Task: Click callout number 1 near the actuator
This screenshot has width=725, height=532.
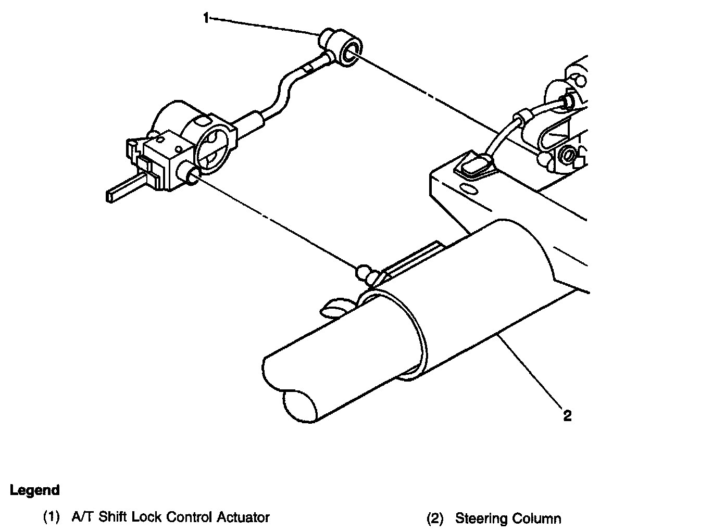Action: coord(207,19)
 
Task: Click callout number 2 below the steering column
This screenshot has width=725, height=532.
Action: coord(567,415)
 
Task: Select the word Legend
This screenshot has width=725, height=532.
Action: coord(35,490)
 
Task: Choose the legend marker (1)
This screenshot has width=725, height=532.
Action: coord(52,517)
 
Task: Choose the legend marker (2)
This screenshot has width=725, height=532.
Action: coord(435,518)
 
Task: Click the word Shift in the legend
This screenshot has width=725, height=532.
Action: coord(113,517)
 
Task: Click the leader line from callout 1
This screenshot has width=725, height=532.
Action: coord(266,26)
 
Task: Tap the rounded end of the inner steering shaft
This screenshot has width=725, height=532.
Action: coord(299,405)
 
